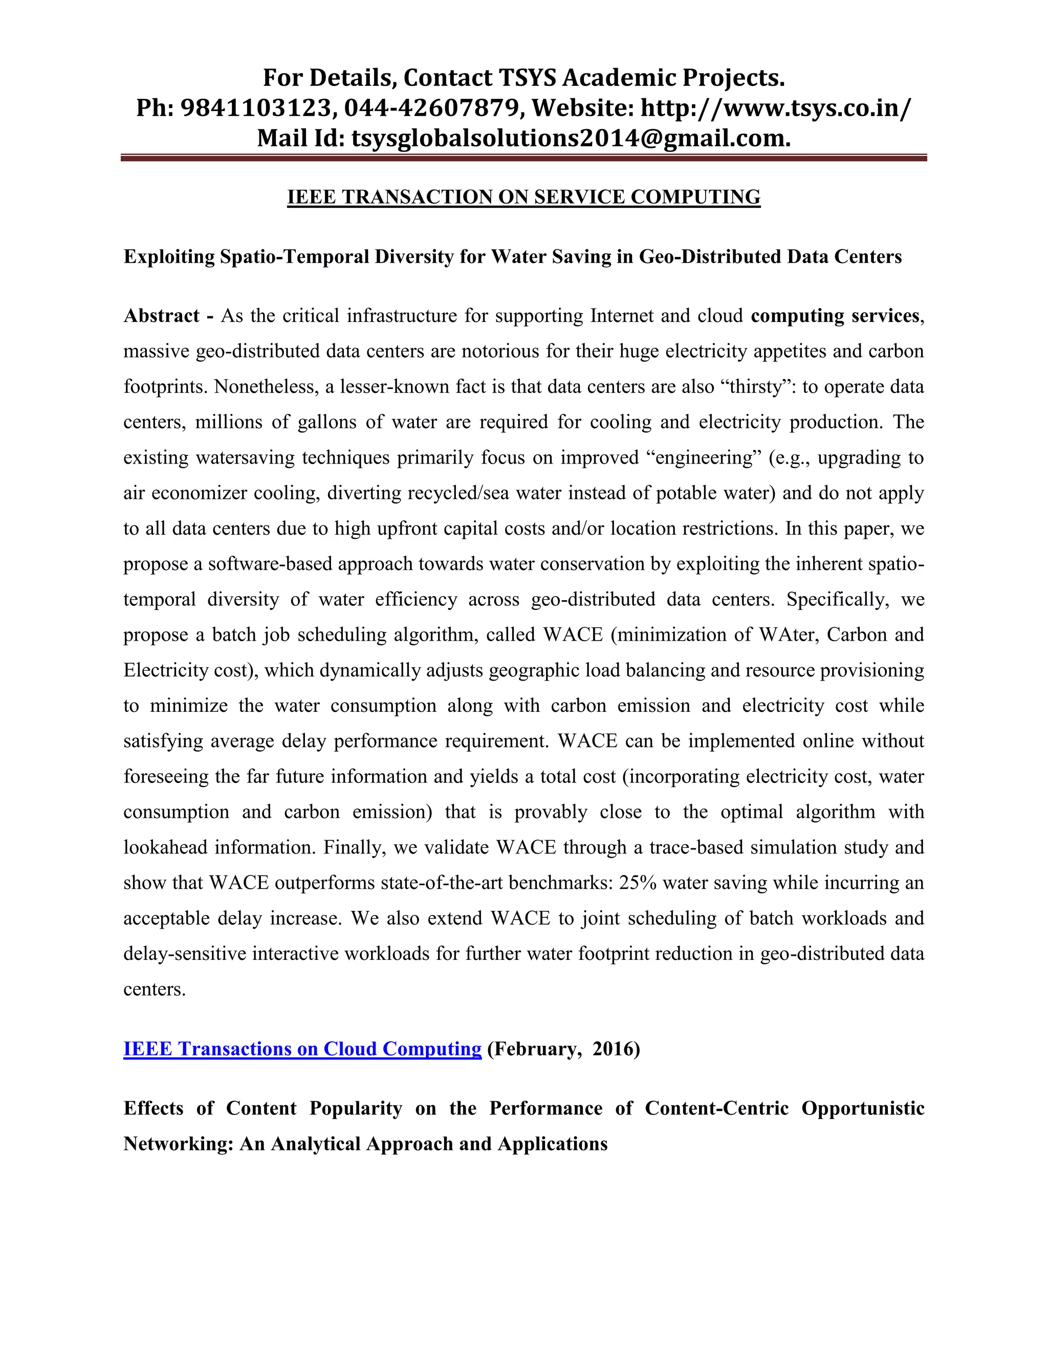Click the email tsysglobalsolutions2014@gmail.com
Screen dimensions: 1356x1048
(571, 138)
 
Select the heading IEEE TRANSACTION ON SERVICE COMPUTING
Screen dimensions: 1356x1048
(523, 197)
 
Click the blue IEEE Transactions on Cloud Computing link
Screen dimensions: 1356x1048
(302, 1048)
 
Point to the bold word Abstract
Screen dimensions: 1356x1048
(161, 316)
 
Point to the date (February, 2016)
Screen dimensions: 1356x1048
(563, 1048)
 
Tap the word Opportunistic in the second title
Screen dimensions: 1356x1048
(862, 1108)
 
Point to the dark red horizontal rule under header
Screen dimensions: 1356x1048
(523, 158)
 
